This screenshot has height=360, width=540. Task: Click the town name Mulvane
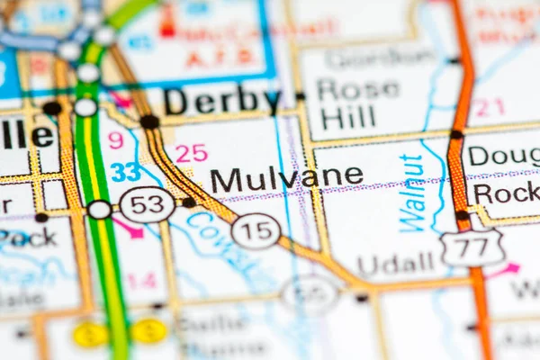tap(286, 179)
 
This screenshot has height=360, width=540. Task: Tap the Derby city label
tap(222, 101)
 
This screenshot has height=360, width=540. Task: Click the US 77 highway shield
tap(472, 247)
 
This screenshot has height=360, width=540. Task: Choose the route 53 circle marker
tap(147, 204)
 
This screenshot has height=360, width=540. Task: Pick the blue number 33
tap(125, 171)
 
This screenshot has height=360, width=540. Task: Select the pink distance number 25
tap(191, 153)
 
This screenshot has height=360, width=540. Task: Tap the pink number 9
tap(115, 140)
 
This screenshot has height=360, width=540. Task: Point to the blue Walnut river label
tap(411, 193)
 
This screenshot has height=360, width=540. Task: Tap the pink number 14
tap(140, 280)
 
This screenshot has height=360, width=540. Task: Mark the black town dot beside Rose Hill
tap(300, 96)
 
